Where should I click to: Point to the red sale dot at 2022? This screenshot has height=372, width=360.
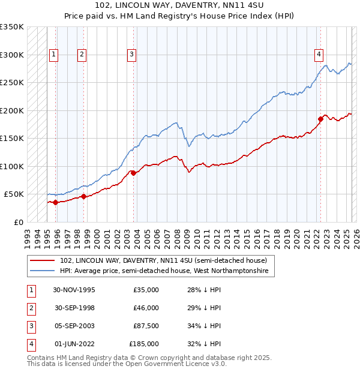[320, 119]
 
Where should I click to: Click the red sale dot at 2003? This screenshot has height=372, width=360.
[133, 173]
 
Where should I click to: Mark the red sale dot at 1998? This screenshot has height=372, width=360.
[83, 196]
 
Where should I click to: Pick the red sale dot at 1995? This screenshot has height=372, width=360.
[56, 202]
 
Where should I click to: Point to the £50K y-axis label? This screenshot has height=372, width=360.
[14, 194]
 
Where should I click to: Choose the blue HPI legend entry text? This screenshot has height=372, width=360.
[167, 271]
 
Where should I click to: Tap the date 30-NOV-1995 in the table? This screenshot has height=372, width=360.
[74, 290]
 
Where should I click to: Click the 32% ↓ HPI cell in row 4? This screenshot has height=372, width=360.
[204, 344]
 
